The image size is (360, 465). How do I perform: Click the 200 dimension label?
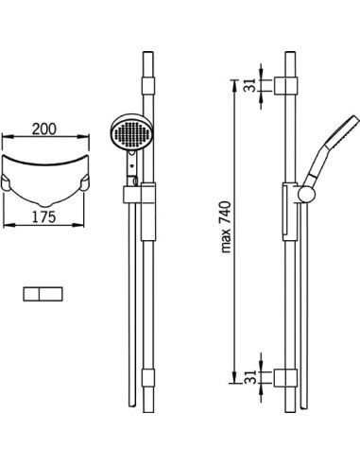tap(44, 129)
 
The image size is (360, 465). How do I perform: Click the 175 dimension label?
tap(44, 217)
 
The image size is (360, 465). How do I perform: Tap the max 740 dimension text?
tap(226, 227)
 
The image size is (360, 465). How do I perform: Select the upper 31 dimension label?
tap(250, 85)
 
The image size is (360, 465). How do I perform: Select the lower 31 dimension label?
tap(250, 377)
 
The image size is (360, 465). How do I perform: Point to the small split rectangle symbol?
tap(43, 294)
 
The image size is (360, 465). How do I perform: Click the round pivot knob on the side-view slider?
tap(306, 195)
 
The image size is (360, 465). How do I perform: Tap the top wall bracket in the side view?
tap(285, 85)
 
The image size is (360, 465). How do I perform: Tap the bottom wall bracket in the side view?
tap(285, 377)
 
